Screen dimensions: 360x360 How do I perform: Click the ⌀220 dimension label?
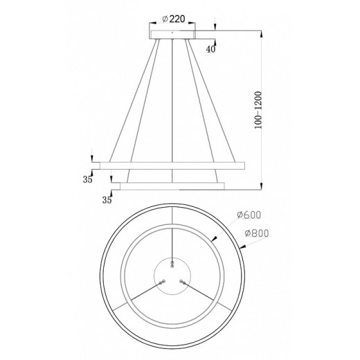(x=172, y=19)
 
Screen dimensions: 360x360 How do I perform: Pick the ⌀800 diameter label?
(x=256, y=233)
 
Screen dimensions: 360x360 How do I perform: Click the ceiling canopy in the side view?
(x=172, y=33)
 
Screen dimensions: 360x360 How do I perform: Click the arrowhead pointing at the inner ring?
(x=215, y=240)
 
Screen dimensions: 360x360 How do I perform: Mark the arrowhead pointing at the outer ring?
(x=241, y=244)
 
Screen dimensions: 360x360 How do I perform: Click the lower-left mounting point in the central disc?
(x=162, y=280)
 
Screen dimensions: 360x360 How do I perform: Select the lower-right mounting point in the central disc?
(x=182, y=280)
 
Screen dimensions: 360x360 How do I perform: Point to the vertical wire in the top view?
(x=172, y=239)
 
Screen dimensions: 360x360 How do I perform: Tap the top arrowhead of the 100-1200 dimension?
(x=262, y=33)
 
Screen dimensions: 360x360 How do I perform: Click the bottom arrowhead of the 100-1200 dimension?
(x=262, y=186)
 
